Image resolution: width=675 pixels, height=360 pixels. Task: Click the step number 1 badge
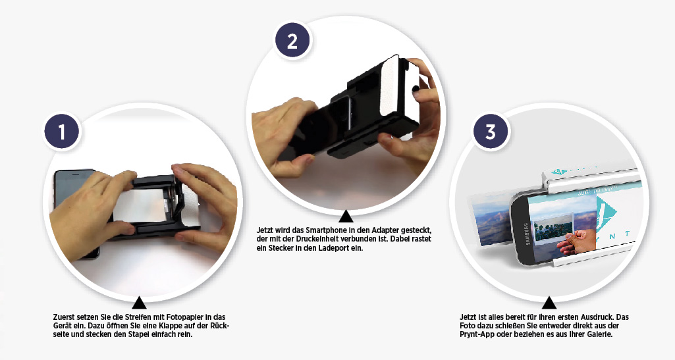click(61, 131)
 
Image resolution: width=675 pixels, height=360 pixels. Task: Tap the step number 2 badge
click(292, 41)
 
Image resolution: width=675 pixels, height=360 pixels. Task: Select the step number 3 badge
click(491, 131)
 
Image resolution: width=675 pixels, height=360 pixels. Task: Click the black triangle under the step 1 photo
click(138, 302)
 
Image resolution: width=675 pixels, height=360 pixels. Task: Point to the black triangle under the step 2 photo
click(346, 216)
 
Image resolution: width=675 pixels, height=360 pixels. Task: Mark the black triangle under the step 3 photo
click(549, 302)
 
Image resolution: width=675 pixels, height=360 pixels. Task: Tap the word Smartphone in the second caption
click(321, 230)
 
